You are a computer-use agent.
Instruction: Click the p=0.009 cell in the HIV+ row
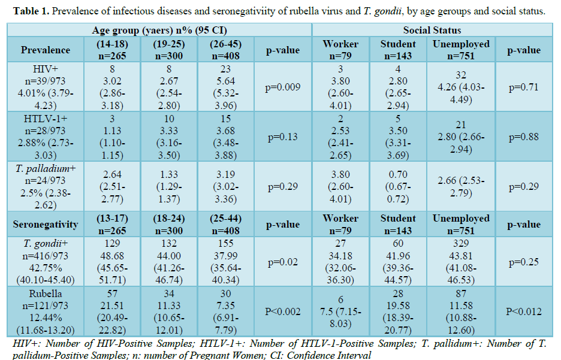[x=283, y=87]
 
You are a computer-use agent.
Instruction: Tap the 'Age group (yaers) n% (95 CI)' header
[x=159, y=30]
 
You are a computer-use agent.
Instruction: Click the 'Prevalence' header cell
[x=46, y=50]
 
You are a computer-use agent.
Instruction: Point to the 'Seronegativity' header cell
[x=46, y=225]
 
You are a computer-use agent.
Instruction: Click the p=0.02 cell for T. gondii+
[x=283, y=262]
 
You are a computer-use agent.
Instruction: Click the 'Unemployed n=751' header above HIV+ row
[x=461, y=50]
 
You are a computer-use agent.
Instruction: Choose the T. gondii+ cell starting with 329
[x=461, y=262]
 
